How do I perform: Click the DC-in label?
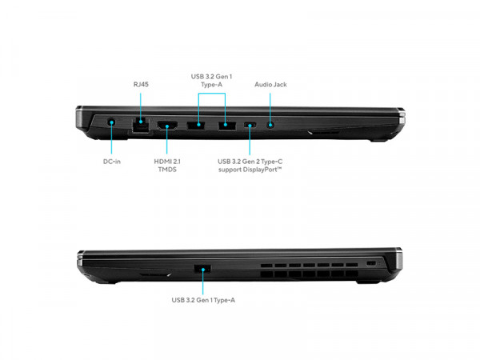(112, 162)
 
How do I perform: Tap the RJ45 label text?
(141, 84)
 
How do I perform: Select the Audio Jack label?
(270, 85)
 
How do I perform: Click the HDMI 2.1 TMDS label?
(167, 166)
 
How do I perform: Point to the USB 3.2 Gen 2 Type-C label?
(250, 166)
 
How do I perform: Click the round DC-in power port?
(112, 122)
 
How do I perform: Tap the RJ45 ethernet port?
(141, 125)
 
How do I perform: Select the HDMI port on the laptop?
(167, 126)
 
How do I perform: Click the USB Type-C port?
(250, 125)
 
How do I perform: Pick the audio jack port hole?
(270, 125)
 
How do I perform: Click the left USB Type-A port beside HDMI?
(196, 125)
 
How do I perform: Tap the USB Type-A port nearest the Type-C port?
(227, 125)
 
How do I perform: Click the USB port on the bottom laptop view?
(202, 269)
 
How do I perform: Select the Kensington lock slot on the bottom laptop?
(371, 263)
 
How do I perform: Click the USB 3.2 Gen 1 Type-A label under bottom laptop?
(203, 300)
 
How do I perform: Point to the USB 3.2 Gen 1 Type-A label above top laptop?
(211, 81)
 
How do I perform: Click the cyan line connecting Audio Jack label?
(270, 109)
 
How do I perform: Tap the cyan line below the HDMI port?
(167, 140)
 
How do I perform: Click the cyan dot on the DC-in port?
(112, 122)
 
